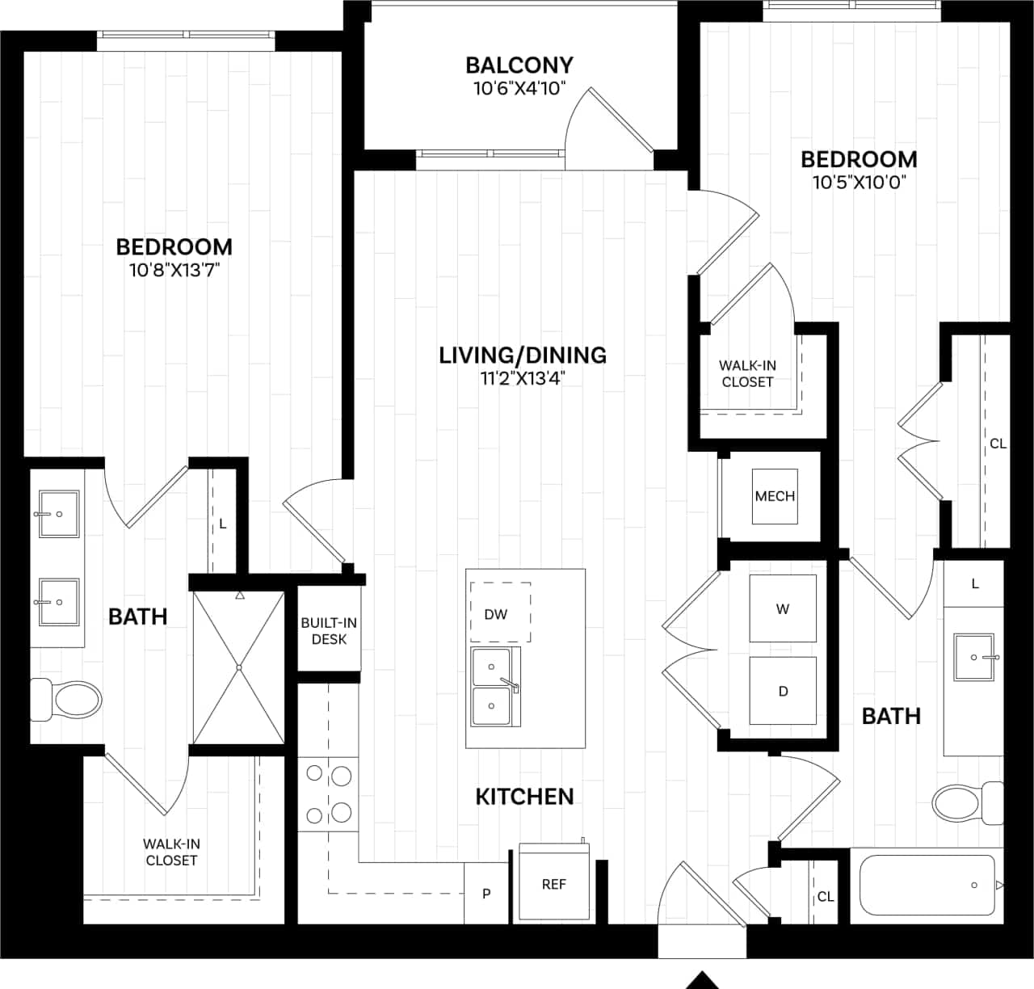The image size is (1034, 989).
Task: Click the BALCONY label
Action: (519, 65)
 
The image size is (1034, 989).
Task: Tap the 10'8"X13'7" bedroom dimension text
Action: (174, 270)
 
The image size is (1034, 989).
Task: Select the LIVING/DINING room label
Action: (523, 355)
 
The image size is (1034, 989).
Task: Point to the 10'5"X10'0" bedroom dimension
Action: (859, 182)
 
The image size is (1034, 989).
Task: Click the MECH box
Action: (775, 496)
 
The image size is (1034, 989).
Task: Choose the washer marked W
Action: (782, 608)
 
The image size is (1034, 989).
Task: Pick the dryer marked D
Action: (782, 691)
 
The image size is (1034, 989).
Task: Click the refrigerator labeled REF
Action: (554, 883)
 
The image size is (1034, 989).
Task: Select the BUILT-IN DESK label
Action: (329, 631)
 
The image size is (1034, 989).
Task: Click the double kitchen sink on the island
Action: (493, 687)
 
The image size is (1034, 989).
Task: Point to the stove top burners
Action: (329, 794)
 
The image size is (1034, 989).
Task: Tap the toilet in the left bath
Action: (67, 700)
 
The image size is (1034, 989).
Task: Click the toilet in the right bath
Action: (966, 803)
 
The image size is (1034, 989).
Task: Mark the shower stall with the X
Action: (239, 667)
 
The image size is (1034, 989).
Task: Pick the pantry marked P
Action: (486, 893)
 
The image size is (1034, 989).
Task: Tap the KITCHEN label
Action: (524, 796)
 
